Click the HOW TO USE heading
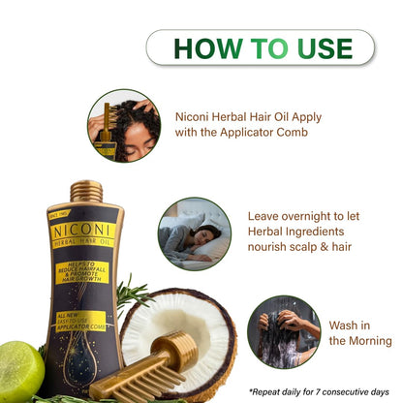pyautogui.click(x=260, y=46)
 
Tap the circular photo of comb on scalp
pyautogui.click(x=123, y=125)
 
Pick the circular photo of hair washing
pyautogui.click(x=283, y=331)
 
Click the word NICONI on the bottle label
pyautogui.click(x=83, y=232)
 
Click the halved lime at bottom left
pyautogui.click(x=19, y=366)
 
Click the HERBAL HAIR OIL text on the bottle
pyautogui.click(x=83, y=244)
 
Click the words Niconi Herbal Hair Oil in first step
pyautogui.click(x=244, y=116)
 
